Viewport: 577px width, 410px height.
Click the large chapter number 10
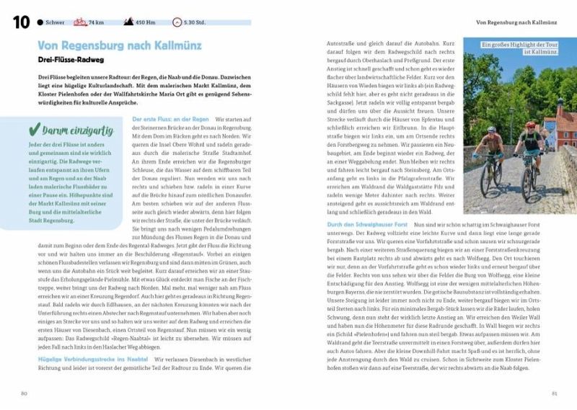(x=20, y=22)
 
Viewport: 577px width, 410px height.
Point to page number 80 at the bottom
(x=24, y=393)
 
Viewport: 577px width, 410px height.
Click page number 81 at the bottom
(x=554, y=393)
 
